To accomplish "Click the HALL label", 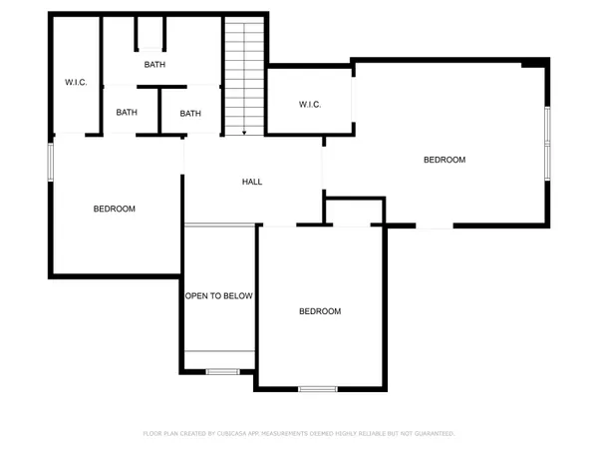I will point(252,182).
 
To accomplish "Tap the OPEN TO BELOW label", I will point(219,296).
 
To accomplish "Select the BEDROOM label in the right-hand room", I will point(445,160).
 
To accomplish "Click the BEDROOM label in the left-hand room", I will point(115,209).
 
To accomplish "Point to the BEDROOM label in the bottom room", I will point(320,311).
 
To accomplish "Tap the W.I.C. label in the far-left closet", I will point(77,82).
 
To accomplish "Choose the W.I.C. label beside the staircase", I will point(309,105).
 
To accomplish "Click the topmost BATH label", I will point(154,65).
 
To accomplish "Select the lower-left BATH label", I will point(127,113).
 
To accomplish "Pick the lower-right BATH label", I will point(190,113).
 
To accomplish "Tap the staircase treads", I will point(244,75).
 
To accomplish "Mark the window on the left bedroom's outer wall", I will point(50,163).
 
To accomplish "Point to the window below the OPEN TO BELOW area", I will point(223,372).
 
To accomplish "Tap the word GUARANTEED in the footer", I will point(433,434).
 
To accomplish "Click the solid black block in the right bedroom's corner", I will point(536,64).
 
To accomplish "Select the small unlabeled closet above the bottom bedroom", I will point(355,212).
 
